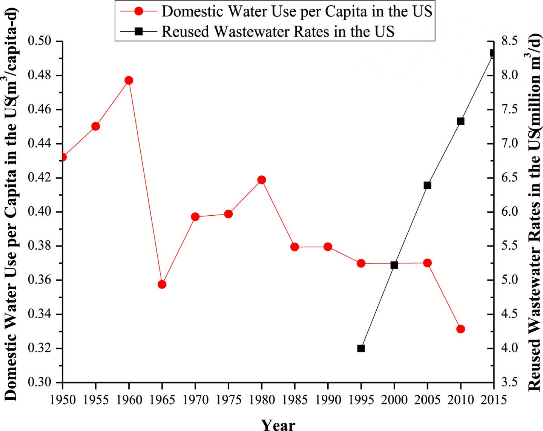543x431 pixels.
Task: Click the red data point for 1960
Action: click(129, 80)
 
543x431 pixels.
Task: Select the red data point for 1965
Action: click(162, 284)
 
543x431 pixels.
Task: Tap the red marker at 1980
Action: click(261, 179)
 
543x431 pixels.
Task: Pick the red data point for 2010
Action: click(460, 329)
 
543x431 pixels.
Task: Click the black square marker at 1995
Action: click(361, 348)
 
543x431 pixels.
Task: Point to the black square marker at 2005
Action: click(427, 185)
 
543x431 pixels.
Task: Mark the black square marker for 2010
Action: click(460, 121)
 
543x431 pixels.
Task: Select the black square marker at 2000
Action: click(394, 265)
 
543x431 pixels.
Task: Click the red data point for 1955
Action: click(95, 126)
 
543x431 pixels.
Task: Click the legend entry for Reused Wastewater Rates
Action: click(278, 31)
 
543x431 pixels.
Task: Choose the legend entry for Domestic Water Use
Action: click(297, 11)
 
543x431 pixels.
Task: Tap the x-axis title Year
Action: click(278, 424)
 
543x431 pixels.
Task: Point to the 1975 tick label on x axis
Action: click(228, 399)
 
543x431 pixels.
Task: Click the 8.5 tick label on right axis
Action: click(509, 41)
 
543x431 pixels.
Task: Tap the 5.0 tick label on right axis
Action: click(509, 280)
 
